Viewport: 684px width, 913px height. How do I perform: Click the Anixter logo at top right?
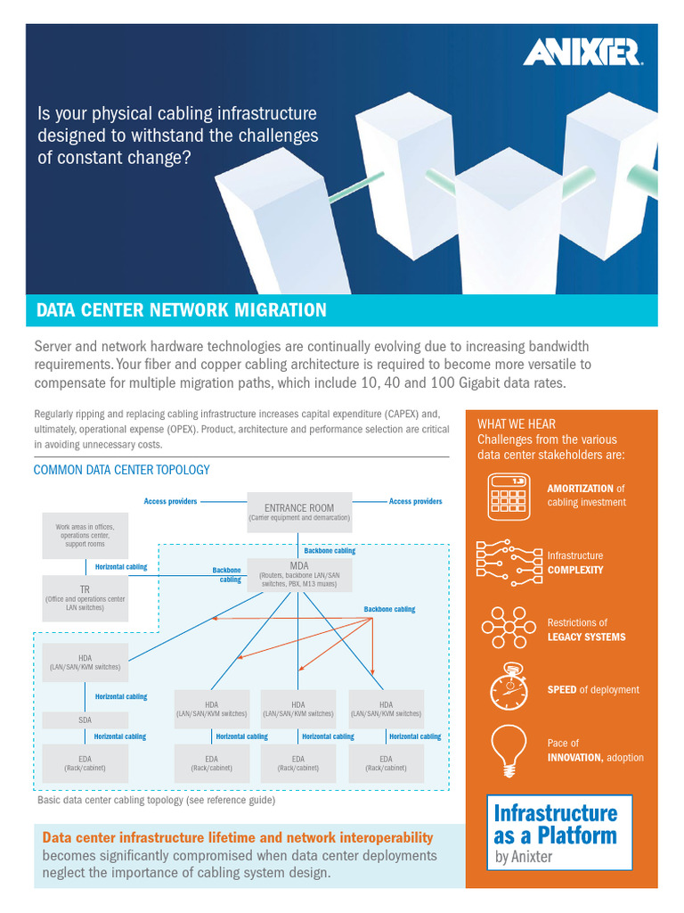582,53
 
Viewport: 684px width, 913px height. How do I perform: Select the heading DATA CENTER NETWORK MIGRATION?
181,310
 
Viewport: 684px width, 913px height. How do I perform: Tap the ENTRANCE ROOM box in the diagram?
299,512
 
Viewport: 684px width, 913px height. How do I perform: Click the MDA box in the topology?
299,575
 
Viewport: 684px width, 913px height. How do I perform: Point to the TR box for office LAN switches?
85,597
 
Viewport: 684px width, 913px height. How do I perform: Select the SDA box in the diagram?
85,720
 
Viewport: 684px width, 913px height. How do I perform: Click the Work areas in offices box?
85,535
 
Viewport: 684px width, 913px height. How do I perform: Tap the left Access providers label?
170,501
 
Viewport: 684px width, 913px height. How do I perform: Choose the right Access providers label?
415,501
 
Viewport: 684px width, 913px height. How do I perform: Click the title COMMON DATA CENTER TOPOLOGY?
121,470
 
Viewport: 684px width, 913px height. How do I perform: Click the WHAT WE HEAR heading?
517,424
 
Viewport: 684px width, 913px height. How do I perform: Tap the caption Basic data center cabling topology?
156,801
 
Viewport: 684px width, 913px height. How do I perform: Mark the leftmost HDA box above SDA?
85,662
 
